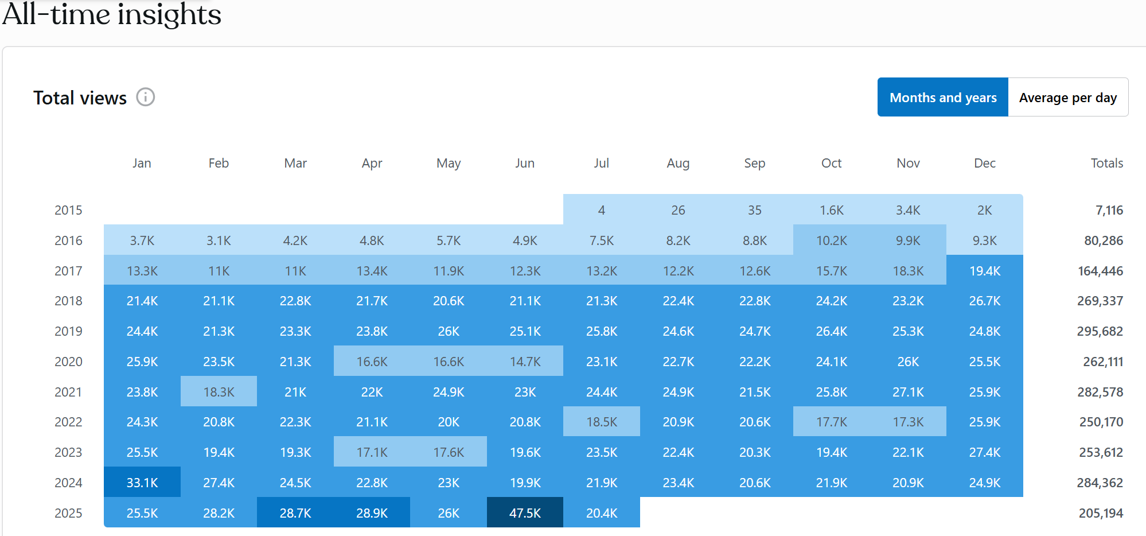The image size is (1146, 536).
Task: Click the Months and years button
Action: [942, 98]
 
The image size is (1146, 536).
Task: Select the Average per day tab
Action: [1067, 98]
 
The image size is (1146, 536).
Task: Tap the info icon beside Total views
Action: [146, 98]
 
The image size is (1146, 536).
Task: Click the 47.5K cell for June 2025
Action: [525, 513]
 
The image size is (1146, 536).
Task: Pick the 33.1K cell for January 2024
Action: [142, 483]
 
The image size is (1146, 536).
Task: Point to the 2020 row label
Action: [68, 362]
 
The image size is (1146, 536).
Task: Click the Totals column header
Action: [1106, 163]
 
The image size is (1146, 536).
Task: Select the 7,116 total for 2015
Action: [1109, 210]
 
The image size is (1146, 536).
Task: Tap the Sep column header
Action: [754, 163]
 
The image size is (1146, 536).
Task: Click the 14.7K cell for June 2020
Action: [525, 362]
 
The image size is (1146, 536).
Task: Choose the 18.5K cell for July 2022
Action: [602, 422]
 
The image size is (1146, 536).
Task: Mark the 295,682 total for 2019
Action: [1100, 331]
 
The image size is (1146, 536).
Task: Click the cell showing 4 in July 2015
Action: [602, 210]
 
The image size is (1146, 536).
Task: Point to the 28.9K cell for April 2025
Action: [372, 513]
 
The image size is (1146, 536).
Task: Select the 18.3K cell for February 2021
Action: [219, 392]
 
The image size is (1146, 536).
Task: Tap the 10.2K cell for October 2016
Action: [831, 240]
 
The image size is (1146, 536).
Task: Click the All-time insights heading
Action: [112, 14]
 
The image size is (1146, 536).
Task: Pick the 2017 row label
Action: [68, 271]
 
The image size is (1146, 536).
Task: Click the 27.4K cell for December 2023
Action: [984, 452]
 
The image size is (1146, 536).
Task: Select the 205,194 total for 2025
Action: [1100, 513]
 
